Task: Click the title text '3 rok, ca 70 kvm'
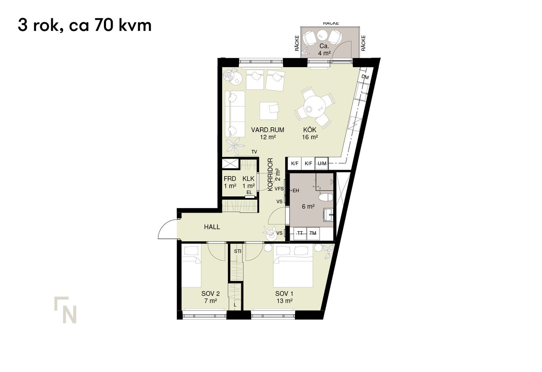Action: [85, 25]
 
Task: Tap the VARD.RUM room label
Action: [267, 130]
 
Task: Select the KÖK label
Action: [309, 130]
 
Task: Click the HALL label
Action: [212, 227]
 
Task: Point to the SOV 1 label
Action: [284, 294]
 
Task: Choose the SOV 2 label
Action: [210, 294]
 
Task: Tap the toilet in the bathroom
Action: [325, 197]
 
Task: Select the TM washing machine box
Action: [313, 233]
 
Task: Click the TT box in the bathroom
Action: [300, 233]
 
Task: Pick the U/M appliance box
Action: [322, 163]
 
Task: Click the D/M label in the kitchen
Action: [365, 77]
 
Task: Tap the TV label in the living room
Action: [254, 152]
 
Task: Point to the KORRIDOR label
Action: [270, 174]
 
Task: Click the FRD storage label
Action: [230, 179]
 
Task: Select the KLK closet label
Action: [248, 179]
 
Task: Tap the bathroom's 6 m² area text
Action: [308, 206]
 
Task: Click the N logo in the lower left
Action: [65, 310]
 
